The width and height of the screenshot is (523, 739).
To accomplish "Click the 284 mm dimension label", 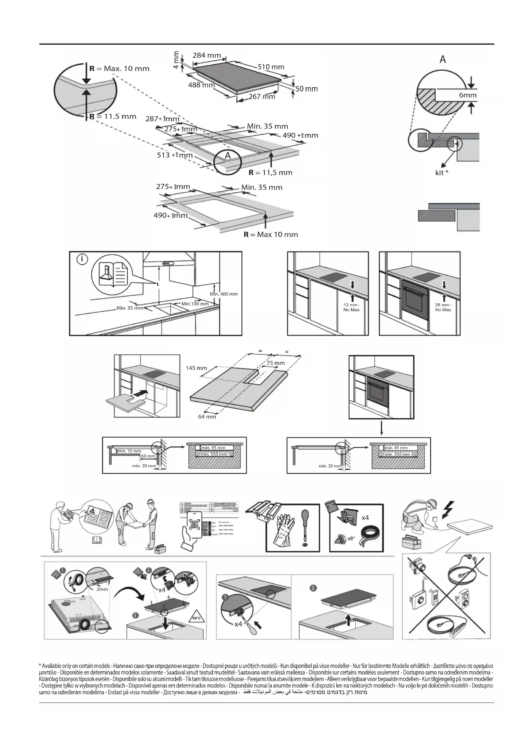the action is tap(207, 55).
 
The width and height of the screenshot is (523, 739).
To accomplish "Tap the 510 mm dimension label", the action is tap(271, 67).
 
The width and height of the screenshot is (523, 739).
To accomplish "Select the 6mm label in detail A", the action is tap(467, 95).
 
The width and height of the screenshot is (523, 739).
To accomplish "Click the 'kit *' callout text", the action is tap(441, 172).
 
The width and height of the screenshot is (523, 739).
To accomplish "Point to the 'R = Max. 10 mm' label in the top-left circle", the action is tap(119, 69).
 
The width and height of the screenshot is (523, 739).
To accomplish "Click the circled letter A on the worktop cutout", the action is tap(228, 156).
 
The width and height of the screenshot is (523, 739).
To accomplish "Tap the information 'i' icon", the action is tap(82, 259).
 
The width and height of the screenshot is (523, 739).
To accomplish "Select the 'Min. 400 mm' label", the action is tap(223, 294).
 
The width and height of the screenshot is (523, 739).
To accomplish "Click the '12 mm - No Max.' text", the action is tap(351, 307).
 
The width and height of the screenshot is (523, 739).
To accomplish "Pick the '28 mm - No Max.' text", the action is tap(443, 307).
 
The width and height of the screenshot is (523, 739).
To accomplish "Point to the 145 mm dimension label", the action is tap(196, 368).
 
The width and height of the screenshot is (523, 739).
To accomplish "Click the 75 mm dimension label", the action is tap(275, 363).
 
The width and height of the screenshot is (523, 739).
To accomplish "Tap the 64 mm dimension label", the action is tap(207, 416).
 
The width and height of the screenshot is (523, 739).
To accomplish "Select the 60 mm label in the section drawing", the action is tap(148, 456).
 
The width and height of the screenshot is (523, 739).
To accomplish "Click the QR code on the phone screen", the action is tap(194, 525).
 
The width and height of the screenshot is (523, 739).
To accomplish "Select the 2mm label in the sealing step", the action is tap(102, 589).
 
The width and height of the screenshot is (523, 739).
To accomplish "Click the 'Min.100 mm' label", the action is tap(195, 304).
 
